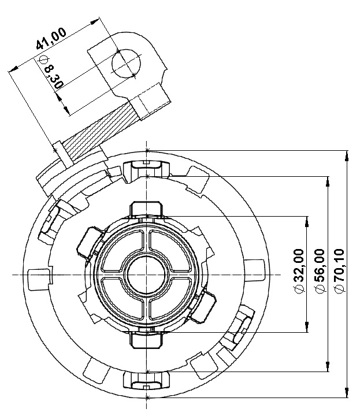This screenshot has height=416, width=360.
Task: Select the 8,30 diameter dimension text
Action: tap(54, 77)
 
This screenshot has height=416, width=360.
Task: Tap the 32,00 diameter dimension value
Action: tap(299, 265)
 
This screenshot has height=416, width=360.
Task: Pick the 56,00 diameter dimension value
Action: tap(319, 265)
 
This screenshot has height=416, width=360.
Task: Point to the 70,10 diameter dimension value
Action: tap(339, 265)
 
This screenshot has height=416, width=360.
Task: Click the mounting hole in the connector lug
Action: tap(126, 64)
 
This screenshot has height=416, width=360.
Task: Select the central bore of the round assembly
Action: tap(147, 275)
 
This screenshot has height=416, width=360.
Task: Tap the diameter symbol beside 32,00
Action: tap(299, 289)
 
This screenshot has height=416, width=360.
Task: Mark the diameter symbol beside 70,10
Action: tap(339, 289)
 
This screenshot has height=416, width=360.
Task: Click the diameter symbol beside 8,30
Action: tap(43, 59)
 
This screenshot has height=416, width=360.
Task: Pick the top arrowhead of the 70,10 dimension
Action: tap(347, 156)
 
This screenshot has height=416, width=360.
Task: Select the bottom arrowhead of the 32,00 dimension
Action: tap(307, 327)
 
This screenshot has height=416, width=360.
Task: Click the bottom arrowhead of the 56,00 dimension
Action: tap(328, 366)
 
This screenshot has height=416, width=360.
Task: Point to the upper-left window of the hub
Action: tap(123, 251)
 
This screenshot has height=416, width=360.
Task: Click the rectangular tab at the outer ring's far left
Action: tap(39, 280)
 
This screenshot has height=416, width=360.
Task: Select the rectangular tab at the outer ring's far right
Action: tap(254, 269)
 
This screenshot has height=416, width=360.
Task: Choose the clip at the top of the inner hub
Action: tap(146, 209)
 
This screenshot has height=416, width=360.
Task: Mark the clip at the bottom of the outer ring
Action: tap(146, 381)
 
